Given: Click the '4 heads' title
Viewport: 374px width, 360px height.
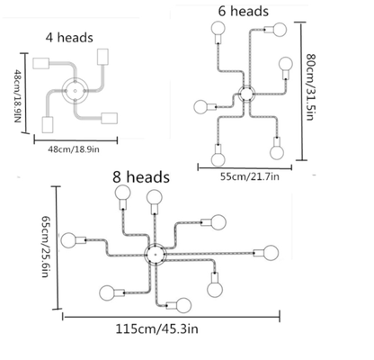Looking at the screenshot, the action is click(x=69, y=38).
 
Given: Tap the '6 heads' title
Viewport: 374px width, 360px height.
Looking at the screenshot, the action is click(x=243, y=12).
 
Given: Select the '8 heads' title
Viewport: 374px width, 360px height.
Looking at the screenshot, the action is click(x=141, y=177).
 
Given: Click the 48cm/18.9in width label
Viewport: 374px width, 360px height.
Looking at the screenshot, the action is click(x=74, y=149).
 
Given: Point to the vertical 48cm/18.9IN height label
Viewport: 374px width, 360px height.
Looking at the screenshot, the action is click(x=17, y=96).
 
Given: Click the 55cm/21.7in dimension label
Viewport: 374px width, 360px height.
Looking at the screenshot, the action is click(x=250, y=176).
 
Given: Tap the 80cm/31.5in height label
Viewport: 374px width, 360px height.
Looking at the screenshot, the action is click(x=310, y=87).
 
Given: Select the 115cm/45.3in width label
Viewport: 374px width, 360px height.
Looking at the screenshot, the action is click(x=157, y=329).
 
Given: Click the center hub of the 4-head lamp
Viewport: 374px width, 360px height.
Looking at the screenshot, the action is click(x=75, y=90).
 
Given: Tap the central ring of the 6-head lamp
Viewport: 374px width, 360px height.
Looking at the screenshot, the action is click(x=246, y=94).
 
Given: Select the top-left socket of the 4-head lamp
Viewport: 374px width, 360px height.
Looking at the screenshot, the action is click(x=41, y=63).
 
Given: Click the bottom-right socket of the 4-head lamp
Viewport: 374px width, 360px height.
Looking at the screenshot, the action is click(x=110, y=118).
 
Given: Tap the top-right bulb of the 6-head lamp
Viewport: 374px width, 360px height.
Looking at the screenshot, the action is click(x=280, y=30).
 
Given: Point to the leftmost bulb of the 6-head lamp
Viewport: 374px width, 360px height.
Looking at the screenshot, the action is click(x=200, y=107).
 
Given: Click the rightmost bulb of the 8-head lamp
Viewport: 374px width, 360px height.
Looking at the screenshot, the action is click(x=271, y=253).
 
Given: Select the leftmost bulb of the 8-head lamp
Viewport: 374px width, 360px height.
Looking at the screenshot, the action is click(x=68, y=240).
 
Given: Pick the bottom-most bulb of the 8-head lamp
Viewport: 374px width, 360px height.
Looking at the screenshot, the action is click(x=183, y=305).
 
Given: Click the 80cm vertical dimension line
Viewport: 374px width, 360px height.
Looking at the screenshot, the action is click(x=301, y=91).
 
